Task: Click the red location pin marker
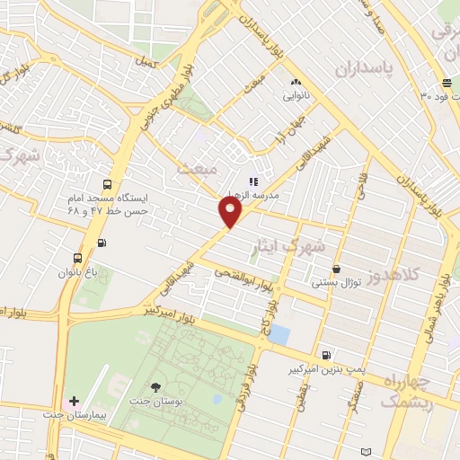tap(231, 212)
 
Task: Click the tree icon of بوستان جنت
tap(156, 387)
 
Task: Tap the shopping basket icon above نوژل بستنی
tap(336, 269)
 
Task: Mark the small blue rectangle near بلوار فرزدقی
tap(279, 335)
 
